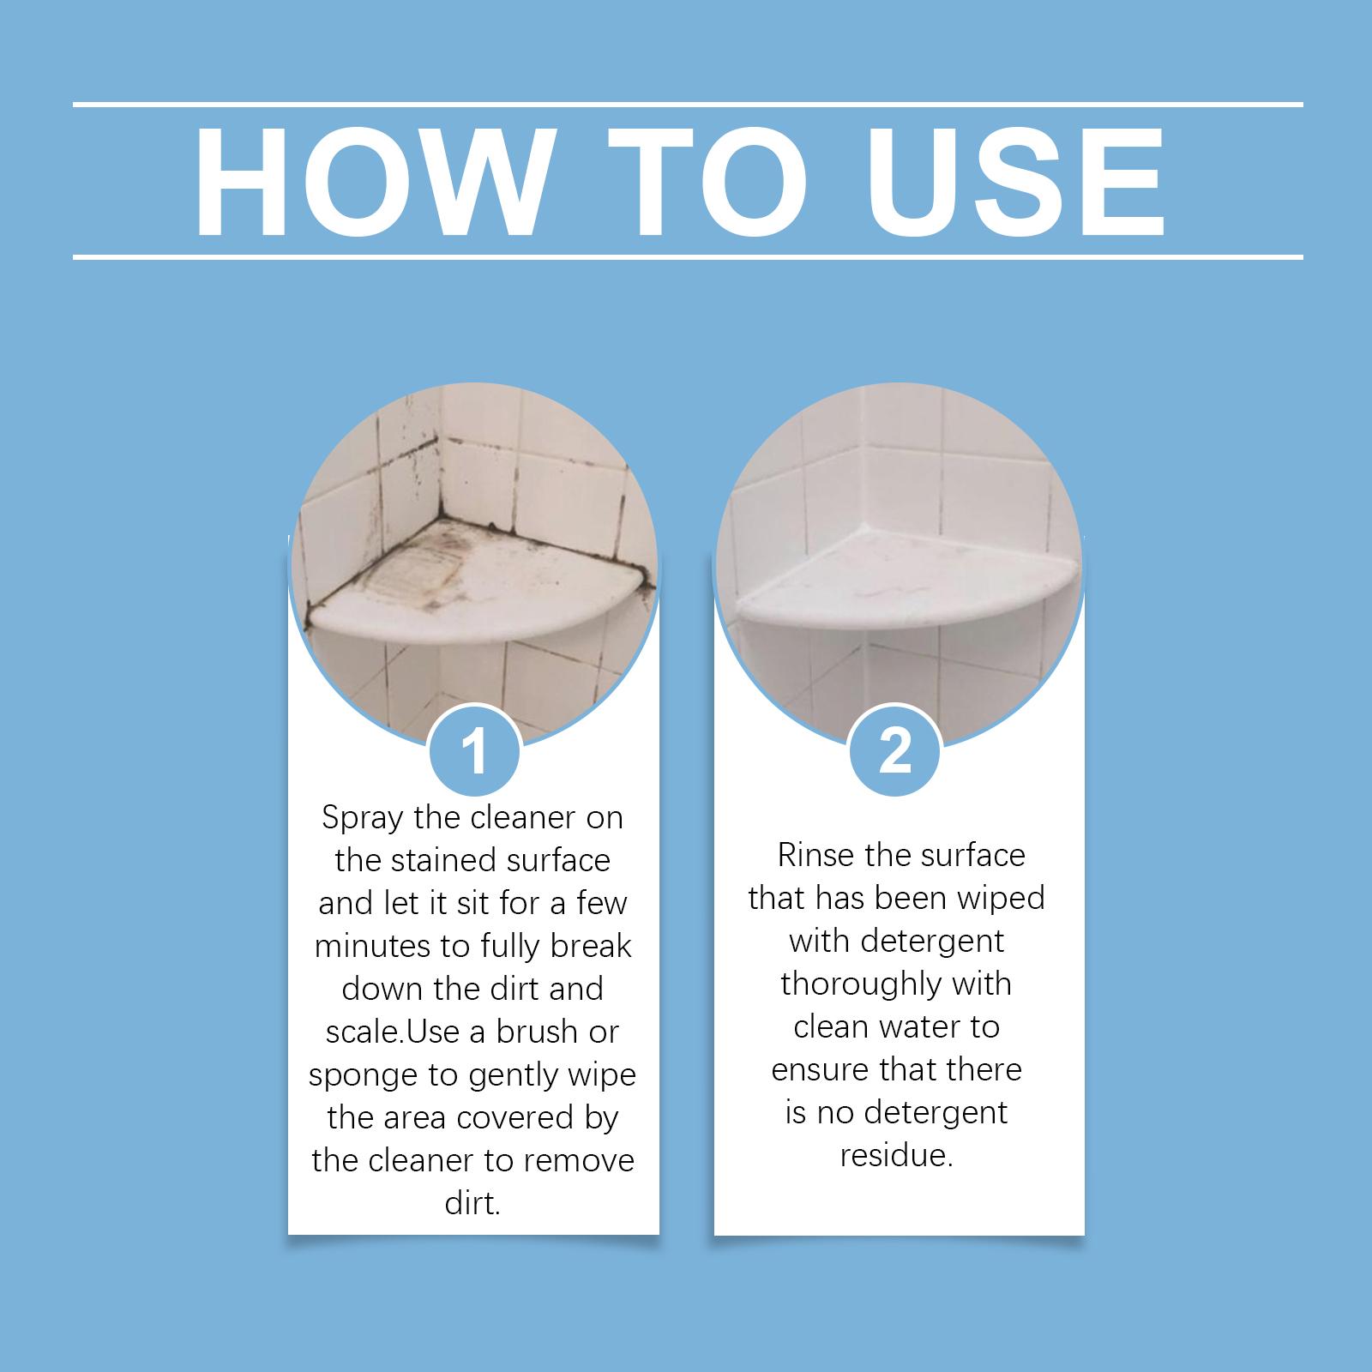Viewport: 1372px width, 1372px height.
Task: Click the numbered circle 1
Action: point(474,752)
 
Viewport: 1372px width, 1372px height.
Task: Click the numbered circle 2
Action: point(895,752)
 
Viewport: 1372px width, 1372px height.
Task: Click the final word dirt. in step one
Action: point(472,1203)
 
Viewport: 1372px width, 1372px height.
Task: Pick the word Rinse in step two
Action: point(815,855)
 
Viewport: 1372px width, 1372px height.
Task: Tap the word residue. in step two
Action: point(896,1155)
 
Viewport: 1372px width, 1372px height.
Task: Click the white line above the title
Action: point(688,105)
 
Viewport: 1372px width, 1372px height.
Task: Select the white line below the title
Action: point(688,256)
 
